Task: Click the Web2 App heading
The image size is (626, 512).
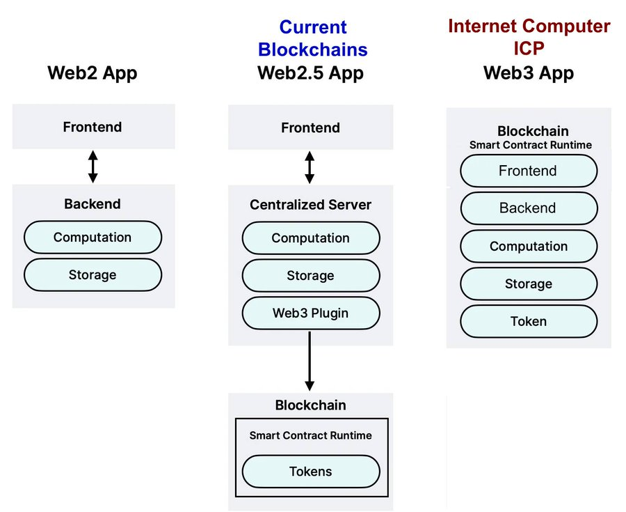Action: pos(93,73)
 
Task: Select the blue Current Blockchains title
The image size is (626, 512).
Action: pos(312,38)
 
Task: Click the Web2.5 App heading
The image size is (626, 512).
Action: pos(310,73)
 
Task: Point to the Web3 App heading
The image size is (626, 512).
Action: pos(529,73)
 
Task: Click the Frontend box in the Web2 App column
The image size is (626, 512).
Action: pos(93,127)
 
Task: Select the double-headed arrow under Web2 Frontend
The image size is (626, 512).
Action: pos(93,166)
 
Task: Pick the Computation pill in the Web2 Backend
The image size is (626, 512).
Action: pos(93,238)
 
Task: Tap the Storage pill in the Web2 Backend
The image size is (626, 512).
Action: pos(93,275)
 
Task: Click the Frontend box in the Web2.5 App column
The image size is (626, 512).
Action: pos(310,127)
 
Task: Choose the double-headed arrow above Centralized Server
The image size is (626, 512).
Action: pos(310,167)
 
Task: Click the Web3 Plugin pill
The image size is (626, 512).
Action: pos(310,313)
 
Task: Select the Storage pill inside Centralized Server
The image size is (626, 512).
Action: pos(310,276)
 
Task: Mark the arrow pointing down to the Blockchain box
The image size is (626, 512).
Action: pos(310,362)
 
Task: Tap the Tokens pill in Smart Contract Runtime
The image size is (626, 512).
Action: pos(310,472)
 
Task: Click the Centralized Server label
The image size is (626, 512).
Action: pos(310,205)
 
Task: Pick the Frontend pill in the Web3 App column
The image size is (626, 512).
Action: pos(529,171)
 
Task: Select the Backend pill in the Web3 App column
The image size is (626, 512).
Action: pos(529,208)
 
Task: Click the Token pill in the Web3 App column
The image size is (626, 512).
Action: pos(529,322)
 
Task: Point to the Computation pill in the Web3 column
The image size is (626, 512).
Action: pos(529,247)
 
